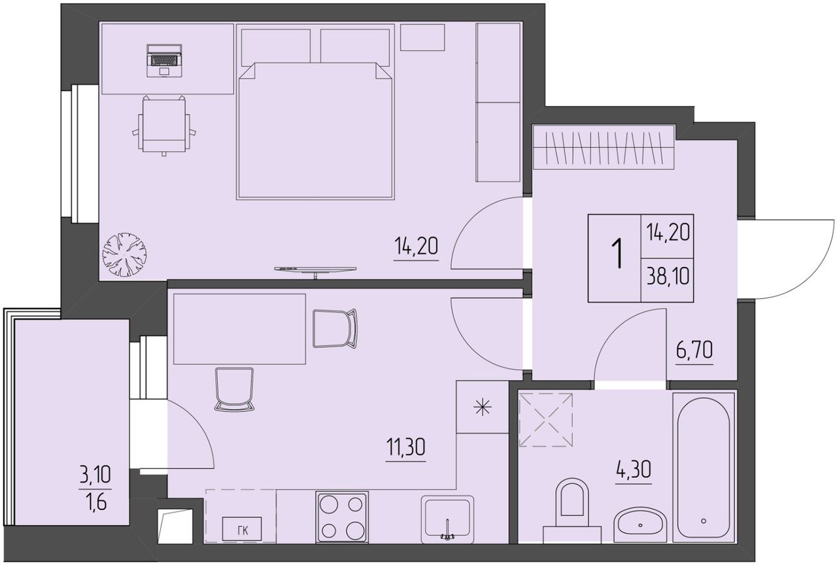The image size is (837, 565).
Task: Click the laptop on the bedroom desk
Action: (164, 61)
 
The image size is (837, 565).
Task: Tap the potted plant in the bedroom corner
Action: (124, 255)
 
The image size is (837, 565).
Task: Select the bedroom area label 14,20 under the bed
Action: (416, 247)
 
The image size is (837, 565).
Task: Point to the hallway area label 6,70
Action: (694, 351)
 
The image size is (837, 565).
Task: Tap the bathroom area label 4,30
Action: (633, 470)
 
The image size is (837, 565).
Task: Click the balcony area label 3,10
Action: (95, 475)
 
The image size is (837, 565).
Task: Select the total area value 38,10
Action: (668, 277)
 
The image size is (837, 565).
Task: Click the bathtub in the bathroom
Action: (703, 467)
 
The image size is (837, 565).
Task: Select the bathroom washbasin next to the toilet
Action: (640, 524)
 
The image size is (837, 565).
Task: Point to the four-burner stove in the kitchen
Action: (342, 517)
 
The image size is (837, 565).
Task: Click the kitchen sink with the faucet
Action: (447, 519)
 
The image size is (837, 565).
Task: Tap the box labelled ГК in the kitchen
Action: (242, 529)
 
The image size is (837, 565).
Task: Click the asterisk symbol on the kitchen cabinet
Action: (483, 407)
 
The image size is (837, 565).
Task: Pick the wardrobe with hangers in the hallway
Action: (604, 147)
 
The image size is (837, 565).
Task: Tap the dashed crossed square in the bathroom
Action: (546, 420)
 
